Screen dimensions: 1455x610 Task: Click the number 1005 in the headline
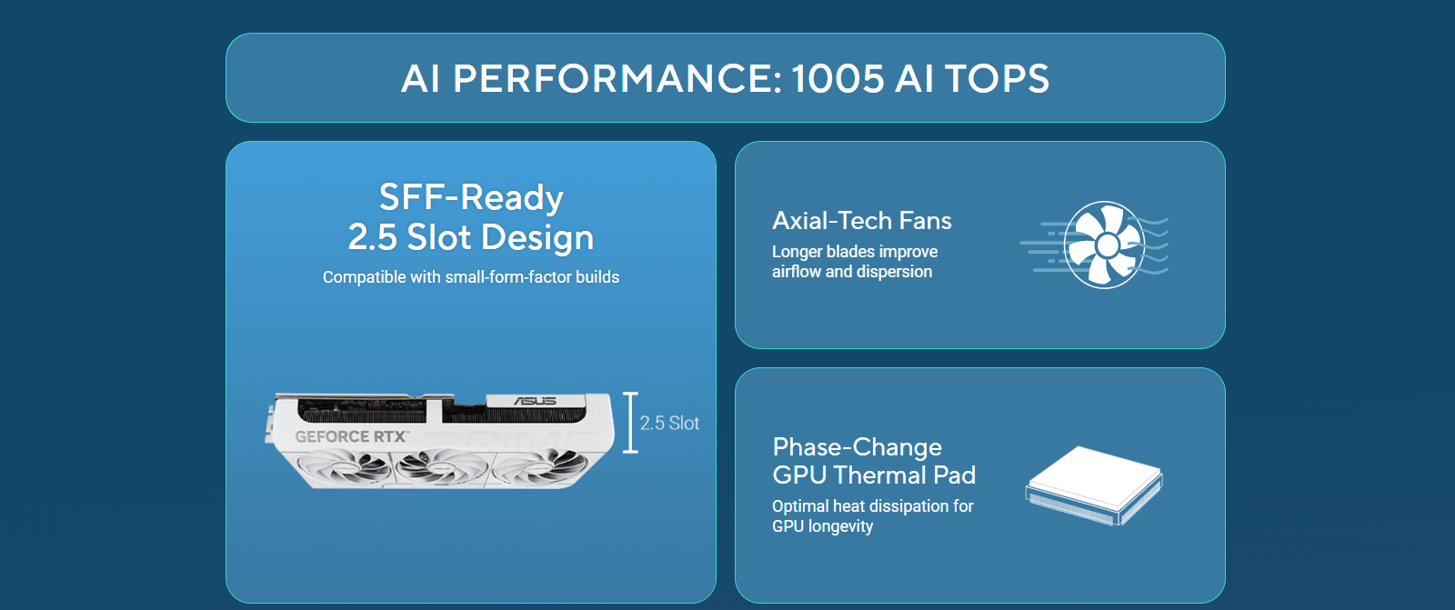pyautogui.click(x=838, y=78)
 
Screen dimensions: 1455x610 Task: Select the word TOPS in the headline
pyautogui.click(x=997, y=78)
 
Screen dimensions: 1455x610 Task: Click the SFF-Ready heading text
pyautogui.click(x=471, y=197)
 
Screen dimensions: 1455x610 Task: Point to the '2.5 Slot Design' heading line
pyautogui.click(x=471, y=237)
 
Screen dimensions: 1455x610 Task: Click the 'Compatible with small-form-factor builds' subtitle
pyautogui.click(x=471, y=277)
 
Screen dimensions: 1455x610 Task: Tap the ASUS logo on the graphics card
pyautogui.click(x=536, y=401)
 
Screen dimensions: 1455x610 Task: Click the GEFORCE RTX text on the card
pyautogui.click(x=351, y=436)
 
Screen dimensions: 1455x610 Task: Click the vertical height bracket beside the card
pyautogui.click(x=630, y=422)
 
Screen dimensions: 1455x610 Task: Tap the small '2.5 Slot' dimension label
pyautogui.click(x=669, y=424)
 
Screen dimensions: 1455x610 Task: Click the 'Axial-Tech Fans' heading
pyautogui.click(x=862, y=221)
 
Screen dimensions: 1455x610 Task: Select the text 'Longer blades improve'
pyautogui.click(x=855, y=252)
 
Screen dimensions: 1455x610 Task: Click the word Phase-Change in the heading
pyautogui.click(x=858, y=447)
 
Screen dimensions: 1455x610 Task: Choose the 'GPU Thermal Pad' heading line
pyautogui.click(x=874, y=475)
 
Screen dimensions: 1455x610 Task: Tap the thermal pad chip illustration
pyautogui.click(x=1095, y=485)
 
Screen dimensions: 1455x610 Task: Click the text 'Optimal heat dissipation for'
pyautogui.click(x=873, y=506)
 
